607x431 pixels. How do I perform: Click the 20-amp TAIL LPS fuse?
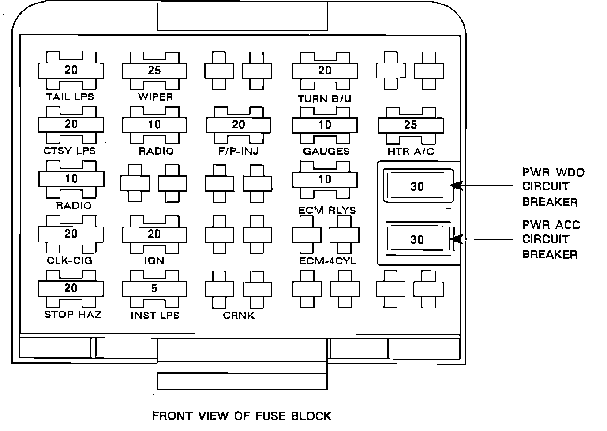71,71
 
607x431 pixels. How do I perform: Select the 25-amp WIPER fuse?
154,71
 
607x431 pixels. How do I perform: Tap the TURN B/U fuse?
325,71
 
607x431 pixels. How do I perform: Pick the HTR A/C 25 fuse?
410,125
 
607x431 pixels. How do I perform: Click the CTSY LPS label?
70,151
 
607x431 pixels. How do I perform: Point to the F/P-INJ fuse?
238,125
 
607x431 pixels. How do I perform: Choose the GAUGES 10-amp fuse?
325,125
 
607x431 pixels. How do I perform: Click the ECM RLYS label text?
327,210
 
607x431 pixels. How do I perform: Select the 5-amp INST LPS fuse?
154,289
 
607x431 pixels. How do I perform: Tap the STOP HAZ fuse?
71,289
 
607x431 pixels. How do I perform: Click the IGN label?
154,260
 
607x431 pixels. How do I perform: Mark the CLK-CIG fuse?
71,234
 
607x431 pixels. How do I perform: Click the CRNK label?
239,316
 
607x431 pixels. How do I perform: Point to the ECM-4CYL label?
328,261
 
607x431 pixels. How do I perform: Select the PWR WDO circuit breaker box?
417,186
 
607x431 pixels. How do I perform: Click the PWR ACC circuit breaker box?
417,239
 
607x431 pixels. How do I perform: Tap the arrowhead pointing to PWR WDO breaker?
457,186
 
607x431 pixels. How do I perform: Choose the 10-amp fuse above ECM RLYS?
325,179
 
